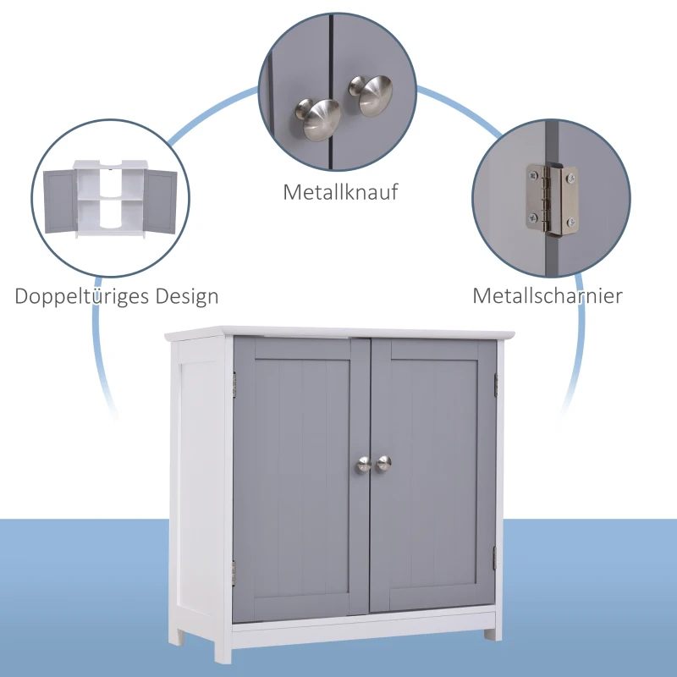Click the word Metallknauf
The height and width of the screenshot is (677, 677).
tap(340, 192)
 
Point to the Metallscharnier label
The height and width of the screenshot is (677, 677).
tap(548, 296)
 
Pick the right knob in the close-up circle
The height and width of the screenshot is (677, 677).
tap(371, 95)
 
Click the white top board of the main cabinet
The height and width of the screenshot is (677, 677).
tap(338, 331)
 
